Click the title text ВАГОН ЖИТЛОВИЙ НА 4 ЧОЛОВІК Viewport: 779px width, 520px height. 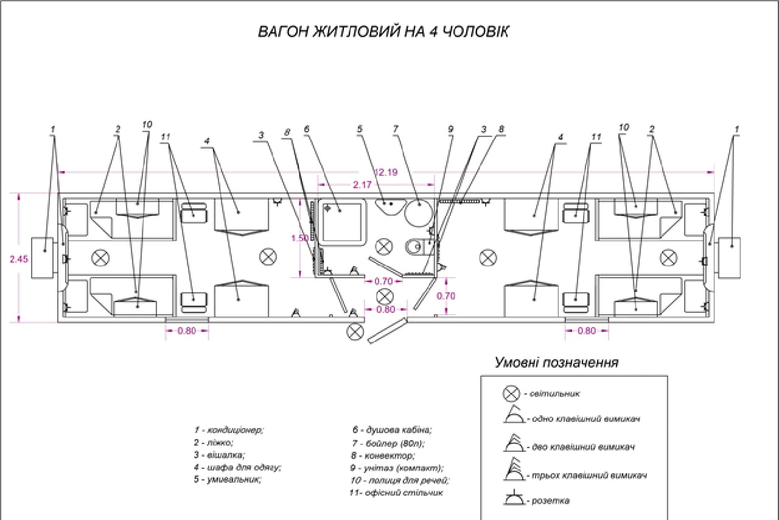pos(383,32)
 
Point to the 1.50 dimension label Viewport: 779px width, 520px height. pos(300,238)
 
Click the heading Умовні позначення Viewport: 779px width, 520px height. pos(556,363)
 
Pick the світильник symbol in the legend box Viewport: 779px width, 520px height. pos(510,393)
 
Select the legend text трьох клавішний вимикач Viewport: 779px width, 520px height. pos(588,475)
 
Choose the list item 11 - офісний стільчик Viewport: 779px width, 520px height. pos(397,492)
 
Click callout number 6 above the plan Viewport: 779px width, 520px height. pos(306,130)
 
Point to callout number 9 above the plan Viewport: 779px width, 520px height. pos(451,130)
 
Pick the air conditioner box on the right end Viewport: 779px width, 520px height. pos(730,256)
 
